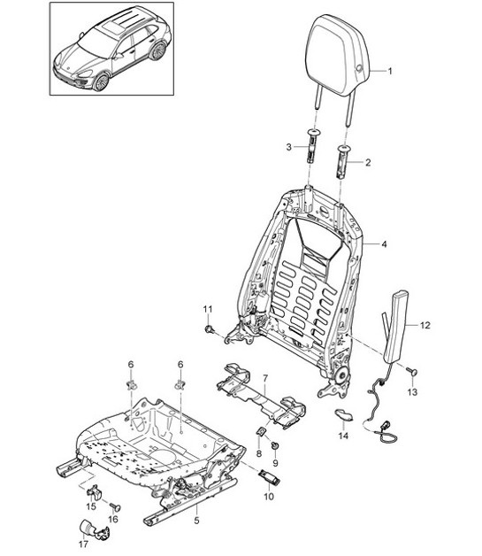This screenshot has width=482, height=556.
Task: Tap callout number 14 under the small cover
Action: [344, 436]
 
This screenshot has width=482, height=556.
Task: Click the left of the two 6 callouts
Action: [130, 365]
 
